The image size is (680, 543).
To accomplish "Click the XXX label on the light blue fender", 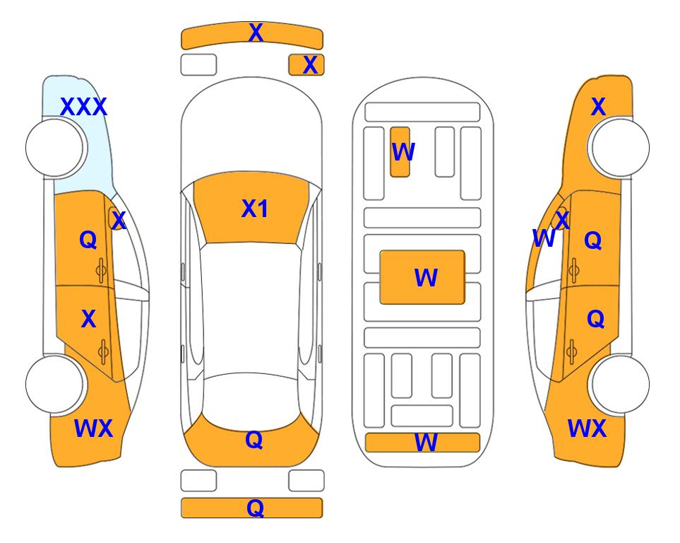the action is coord(83,107).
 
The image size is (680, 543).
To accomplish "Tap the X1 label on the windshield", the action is coord(255,209).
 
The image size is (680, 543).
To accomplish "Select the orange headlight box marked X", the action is coord(306,65).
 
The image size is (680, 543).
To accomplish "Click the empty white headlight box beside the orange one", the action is coord(198,65).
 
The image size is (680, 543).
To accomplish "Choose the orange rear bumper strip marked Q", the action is coord(252,508).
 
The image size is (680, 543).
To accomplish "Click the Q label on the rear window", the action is coord(254,440).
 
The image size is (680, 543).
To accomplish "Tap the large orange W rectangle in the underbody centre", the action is coord(422,277).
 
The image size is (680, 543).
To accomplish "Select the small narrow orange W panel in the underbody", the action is coord(400,152).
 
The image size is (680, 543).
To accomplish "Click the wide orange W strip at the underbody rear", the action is coord(423,443).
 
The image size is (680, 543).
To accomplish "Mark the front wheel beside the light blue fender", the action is coord(54,148).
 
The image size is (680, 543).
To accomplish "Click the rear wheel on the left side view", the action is coord(54,384).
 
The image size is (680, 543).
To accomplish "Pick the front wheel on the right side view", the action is coord(620,148).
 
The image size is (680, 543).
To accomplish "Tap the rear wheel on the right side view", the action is coord(620,384).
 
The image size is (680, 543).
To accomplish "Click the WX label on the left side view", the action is coord(94,428).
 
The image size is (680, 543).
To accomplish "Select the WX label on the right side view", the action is coord(587,428).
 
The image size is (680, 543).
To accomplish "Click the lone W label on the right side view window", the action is coord(544,238).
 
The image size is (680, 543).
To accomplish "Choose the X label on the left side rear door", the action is coord(88,319).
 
